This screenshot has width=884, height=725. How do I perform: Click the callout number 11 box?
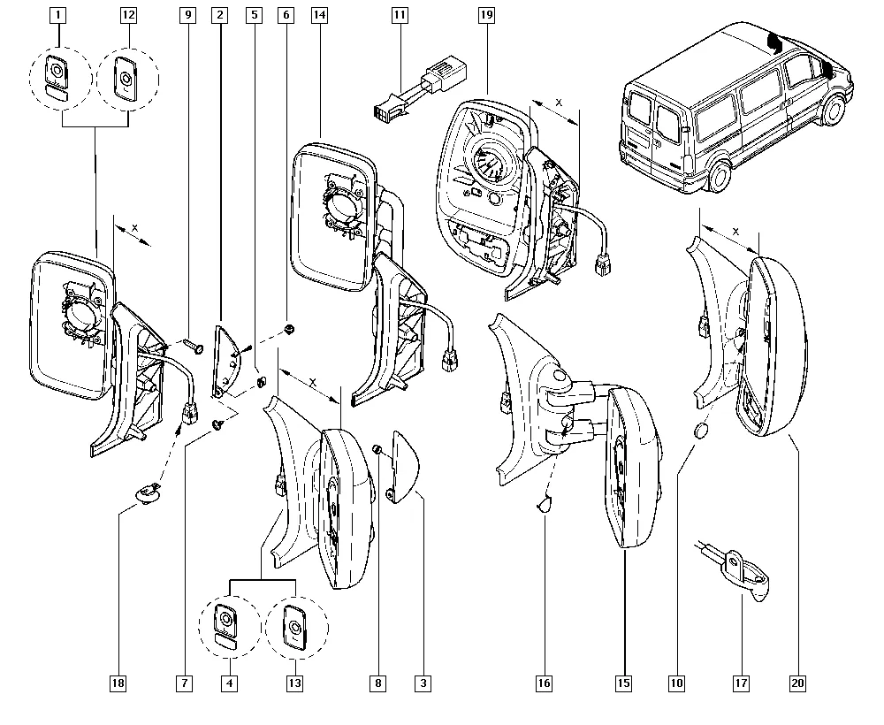click(x=400, y=15)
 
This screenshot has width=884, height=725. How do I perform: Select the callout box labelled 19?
click(x=485, y=15)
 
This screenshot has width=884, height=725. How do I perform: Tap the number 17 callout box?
click(x=740, y=683)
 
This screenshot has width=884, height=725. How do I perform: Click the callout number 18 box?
click(x=118, y=683)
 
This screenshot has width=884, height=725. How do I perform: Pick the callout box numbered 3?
click(x=423, y=683)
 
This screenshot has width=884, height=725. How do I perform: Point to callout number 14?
click(x=319, y=15)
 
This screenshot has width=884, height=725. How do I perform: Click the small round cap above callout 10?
click(x=701, y=431)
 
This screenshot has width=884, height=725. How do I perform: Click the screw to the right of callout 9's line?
click(x=194, y=346)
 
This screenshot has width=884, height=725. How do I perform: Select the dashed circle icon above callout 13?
click(x=294, y=630)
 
